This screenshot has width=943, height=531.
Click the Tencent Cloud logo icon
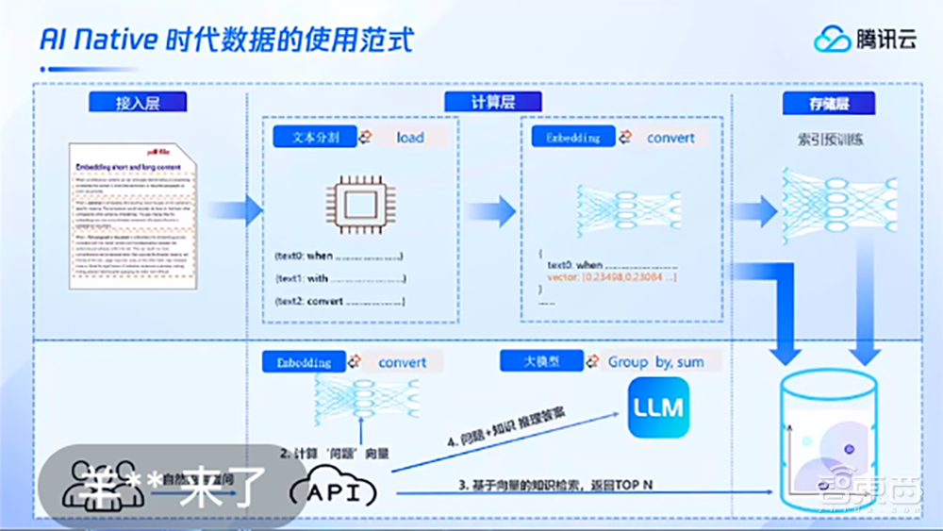(x=832, y=39)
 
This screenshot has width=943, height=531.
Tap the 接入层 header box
(x=138, y=103)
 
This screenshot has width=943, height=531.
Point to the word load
(x=410, y=138)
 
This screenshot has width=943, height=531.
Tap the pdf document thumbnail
(x=134, y=216)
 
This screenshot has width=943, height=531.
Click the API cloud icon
(x=332, y=490)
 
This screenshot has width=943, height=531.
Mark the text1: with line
(x=339, y=278)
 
